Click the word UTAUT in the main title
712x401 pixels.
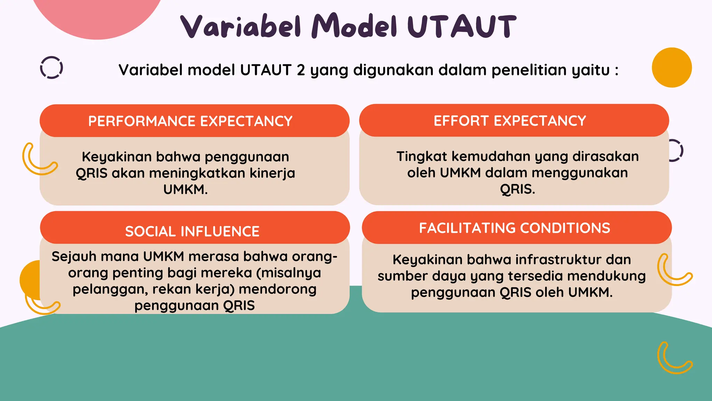pyautogui.click(x=462, y=26)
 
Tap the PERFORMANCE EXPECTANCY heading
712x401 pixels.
pyautogui.click(x=190, y=121)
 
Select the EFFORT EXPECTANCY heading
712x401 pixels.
pyautogui.click(x=510, y=121)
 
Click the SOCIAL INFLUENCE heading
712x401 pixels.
pyautogui.click(x=192, y=231)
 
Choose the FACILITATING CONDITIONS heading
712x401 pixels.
pyautogui.click(x=515, y=228)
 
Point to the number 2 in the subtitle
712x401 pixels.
pyautogui.click(x=301, y=70)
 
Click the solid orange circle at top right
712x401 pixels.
pyautogui.click(x=671, y=68)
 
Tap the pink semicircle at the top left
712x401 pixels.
pyautogui.click(x=97, y=14)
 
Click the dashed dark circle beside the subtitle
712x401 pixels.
pyautogui.click(x=51, y=68)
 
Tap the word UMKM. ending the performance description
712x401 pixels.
pyautogui.click(x=185, y=189)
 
